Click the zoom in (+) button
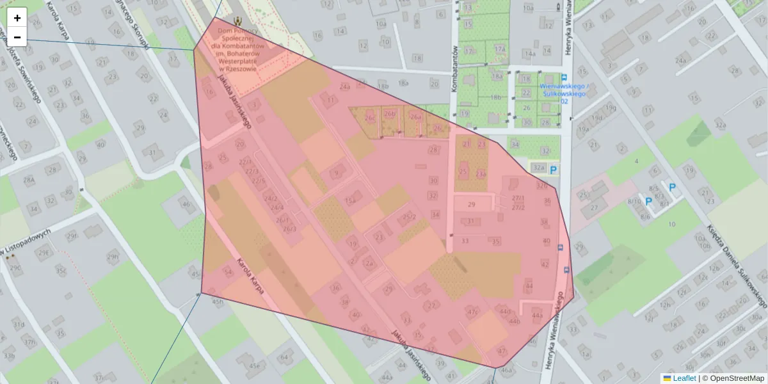[17, 17]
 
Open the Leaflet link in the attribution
[684, 378]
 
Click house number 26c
[369, 118]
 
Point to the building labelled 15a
[350, 201]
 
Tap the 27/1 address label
[518, 198]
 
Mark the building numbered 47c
[473, 311]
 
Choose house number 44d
[506, 312]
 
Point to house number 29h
[113, 257]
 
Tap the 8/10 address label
[634, 201]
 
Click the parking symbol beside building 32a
[553, 169]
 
